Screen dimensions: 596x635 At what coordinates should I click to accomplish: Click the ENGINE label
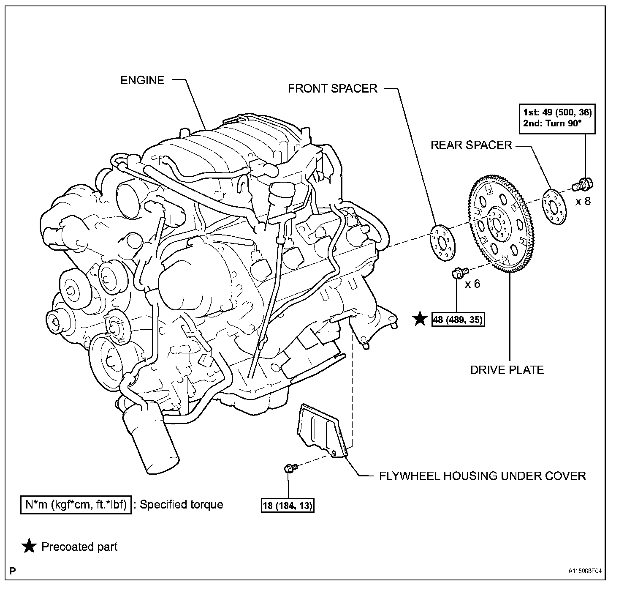click(x=142, y=80)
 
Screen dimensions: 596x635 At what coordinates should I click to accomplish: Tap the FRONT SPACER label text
click(x=332, y=88)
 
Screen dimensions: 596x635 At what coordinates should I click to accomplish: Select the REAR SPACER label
click(x=471, y=145)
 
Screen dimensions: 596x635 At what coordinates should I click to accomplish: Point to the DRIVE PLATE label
click(x=507, y=370)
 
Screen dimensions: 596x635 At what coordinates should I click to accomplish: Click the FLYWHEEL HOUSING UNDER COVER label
click(x=482, y=476)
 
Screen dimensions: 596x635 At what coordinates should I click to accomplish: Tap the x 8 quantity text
click(x=583, y=201)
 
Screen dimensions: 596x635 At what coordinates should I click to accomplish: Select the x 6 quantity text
click(x=472, y=284)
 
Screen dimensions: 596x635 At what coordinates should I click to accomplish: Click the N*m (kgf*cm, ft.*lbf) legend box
click(x=76, y=504)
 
